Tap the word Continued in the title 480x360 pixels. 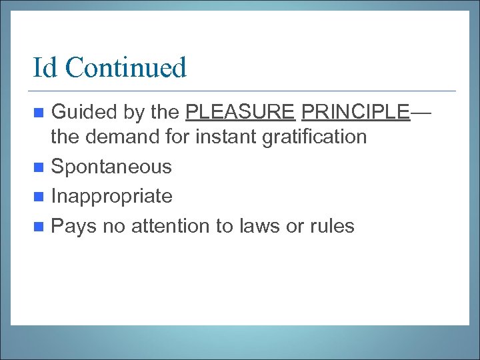(126, 68)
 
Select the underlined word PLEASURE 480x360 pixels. (240, 112)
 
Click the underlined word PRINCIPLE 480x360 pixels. (355, 112)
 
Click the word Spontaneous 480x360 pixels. (111, 167)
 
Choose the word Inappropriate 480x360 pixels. (111, 196)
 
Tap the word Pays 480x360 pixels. (73, 226)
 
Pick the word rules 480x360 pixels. (331, 226)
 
